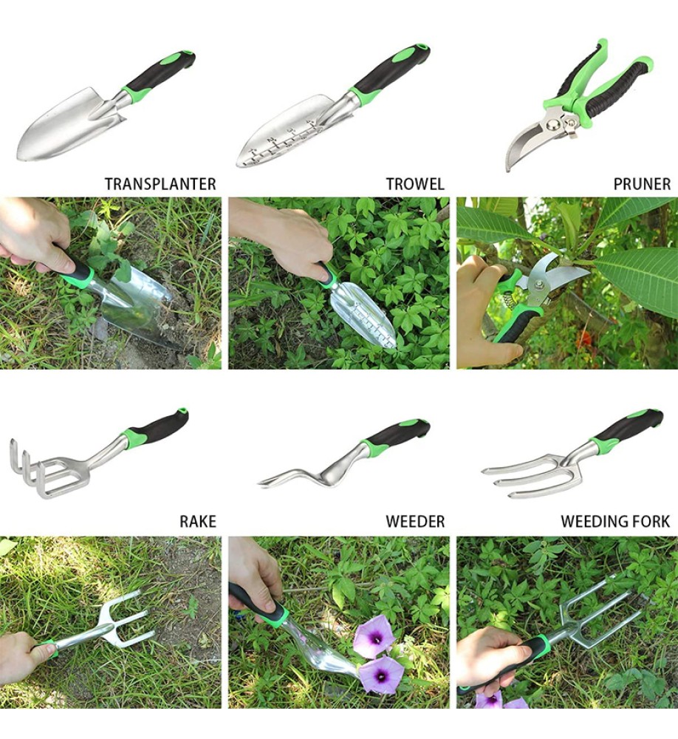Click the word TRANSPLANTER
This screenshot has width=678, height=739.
[160, 184]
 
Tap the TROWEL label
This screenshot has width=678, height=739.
[415, 184]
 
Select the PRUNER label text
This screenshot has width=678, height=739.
[642, 184]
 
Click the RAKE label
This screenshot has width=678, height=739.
[198, 521]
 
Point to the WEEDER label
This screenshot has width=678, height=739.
[415, 521]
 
